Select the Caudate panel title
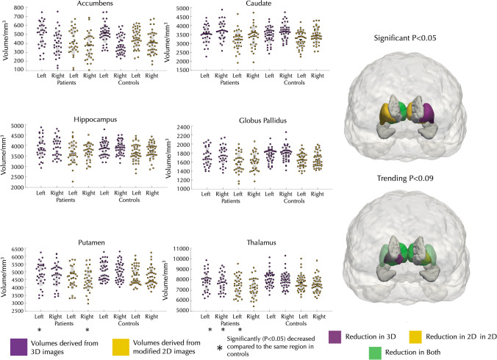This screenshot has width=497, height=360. click(249, 4)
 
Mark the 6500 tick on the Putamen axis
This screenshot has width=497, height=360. click(24, 248)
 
